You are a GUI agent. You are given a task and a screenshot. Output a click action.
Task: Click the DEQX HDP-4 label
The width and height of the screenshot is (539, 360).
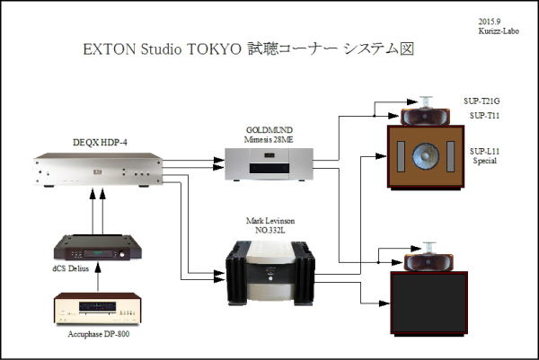[x=100, y=142]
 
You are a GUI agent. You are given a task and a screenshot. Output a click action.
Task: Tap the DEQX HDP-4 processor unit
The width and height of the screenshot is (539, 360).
[x=99, y=170]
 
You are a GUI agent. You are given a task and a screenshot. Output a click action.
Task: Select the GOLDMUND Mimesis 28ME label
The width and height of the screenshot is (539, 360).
[x=269, y=135]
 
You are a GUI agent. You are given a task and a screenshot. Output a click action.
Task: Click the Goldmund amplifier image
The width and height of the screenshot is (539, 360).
[x=269, y=164]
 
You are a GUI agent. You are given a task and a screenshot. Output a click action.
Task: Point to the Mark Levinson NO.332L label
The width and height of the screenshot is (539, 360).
[x=270, y=225]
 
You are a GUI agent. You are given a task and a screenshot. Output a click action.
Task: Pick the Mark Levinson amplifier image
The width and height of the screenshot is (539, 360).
[x=270, y=273]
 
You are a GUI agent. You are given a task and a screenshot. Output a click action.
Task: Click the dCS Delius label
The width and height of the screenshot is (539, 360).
[x=70, y=268]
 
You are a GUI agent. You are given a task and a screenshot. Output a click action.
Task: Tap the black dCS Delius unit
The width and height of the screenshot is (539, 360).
[x=98, y=248]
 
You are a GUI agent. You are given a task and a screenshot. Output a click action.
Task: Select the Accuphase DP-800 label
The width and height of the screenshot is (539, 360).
[x=99, y=334]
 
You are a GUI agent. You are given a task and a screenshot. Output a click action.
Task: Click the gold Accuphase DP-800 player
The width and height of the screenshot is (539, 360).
[x=98, y=308]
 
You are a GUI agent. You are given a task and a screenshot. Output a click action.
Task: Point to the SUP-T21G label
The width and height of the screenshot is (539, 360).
[x=482, y=101]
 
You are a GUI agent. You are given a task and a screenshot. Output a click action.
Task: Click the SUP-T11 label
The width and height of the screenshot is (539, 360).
[x=485, y=116]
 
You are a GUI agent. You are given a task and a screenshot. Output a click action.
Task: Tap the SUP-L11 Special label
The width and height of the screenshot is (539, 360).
[x=485, y=156]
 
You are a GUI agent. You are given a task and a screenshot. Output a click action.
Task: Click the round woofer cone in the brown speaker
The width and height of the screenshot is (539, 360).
[x=426, y=156]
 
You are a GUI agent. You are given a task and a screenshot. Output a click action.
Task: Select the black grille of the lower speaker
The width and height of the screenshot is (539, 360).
[x=429, y=303]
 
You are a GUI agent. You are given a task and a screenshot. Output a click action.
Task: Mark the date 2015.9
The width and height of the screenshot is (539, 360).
[x=490, y=22]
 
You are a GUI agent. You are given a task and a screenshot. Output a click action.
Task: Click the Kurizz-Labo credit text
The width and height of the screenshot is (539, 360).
[x=499, y=31]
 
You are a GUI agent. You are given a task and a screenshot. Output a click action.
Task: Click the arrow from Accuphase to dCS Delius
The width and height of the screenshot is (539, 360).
[x=98, y=277]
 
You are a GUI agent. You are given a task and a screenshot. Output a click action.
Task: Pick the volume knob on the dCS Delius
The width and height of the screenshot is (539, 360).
[x=122, y=255]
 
